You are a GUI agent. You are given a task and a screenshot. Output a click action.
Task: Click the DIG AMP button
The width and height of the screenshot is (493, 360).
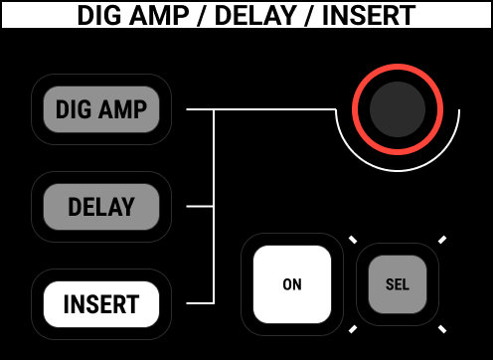[x=100, y=109]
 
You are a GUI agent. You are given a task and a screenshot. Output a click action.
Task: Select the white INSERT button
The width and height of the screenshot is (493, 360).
[x=100, y=304]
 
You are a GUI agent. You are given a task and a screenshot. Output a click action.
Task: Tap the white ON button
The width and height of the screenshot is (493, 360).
[x=291, y=283]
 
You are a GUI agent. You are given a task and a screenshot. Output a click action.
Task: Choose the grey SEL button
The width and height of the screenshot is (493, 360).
[x=397, y=284]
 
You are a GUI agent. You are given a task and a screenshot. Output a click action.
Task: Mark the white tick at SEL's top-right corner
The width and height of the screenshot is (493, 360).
[x=442, y=240]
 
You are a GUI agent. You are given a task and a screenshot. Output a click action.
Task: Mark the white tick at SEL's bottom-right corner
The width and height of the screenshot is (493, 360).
[x=442, y=329]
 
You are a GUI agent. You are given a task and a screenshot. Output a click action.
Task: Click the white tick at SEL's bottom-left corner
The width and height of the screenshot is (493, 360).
[x=351, y=329]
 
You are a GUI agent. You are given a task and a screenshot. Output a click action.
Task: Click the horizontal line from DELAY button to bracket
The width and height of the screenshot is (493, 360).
[x=196, y=207]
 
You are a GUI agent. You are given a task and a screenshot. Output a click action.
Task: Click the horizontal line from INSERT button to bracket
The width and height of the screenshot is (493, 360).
[x=196, y=303]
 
